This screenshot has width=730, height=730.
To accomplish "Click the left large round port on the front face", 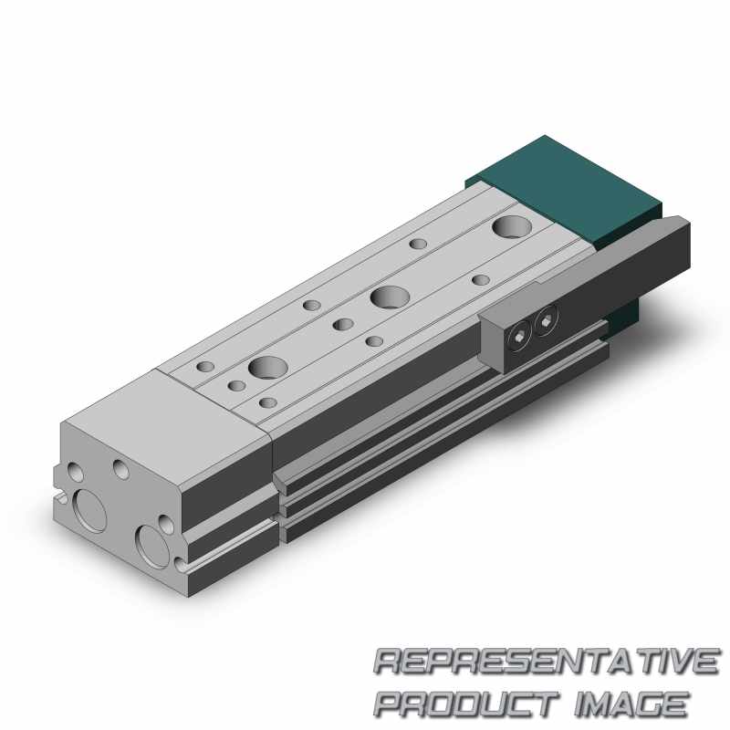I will click(x=93, y=506).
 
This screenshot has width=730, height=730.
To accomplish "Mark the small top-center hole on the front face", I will click(x=120, y=469).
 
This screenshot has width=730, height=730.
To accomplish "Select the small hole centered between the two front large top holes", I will click(x=342, y=324).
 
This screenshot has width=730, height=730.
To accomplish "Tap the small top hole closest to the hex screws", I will click(x=480, y=278).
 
